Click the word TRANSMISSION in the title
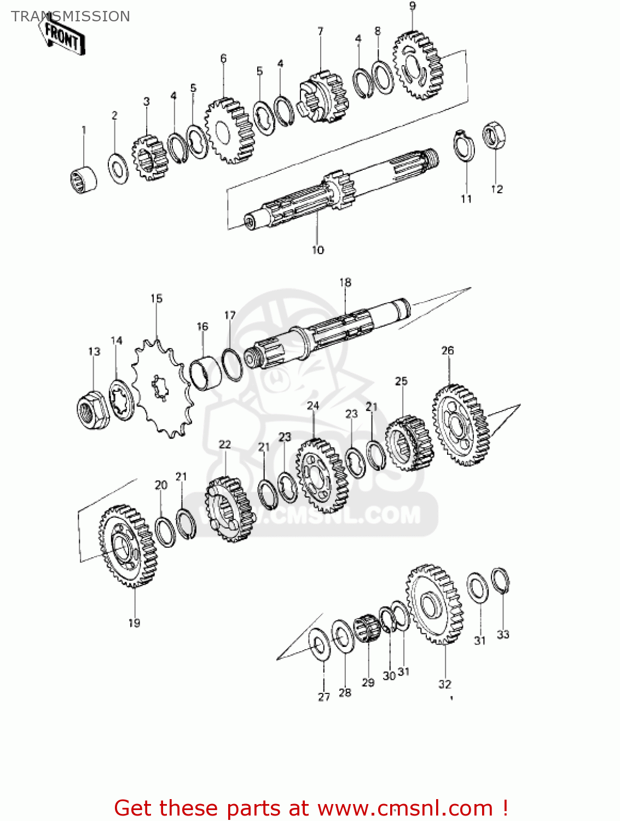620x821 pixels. pyautogui.click(x=71, y=16)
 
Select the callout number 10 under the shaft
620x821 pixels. pyautogui.click(x=318, y=250)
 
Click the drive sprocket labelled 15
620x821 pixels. pyautogui.click(x=162, y=388)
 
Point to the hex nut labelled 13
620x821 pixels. pyautogui.click(x=92, y=410)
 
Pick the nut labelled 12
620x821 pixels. pyautogui.click(x=494, y=135)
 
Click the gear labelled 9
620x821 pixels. pyautogui.click(x=418, y=65)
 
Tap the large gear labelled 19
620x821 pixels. pyautogui.click(x=128, y=546)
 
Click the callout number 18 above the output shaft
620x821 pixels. pyautogui.click(x=345, y=282)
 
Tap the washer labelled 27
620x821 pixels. pyautogui.click(x=319, y=645)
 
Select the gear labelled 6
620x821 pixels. pyautogui.click(x=230, y=131)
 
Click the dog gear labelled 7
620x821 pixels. pyautogui.click(x=323, y=97)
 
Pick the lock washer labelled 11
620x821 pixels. pyautogui.click(x=464, y=146)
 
